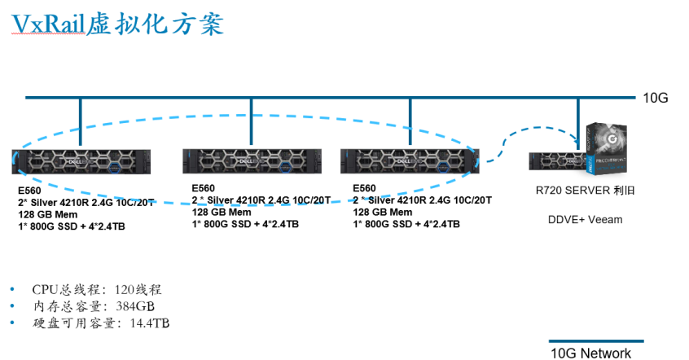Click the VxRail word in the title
[x=48, y=24]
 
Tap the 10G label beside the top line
[x=655, y=98]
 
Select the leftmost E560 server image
[x=81, y=161]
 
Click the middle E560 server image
[x=252, y=161]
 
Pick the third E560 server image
[x=410, y=161]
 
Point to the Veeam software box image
[x=607, y=148]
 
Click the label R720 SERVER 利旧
[x=585, y=191]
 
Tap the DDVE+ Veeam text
[x=585, y=219]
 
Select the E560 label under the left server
[x=29, y=191]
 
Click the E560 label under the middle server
[x=203, y=188]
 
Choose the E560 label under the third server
[x=364, y=188]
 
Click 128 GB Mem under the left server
[x=47, y=214]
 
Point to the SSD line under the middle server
[x=245, y=224]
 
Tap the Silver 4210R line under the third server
[x=422, y=200]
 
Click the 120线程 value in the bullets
[x=138, y=290]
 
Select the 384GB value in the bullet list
[x=135, y=306]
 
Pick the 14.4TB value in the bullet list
[x=149, y=323]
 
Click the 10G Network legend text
[x=590, y=353]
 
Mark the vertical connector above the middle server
[x=252, y=121]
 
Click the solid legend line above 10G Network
[x=596, y=341]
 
